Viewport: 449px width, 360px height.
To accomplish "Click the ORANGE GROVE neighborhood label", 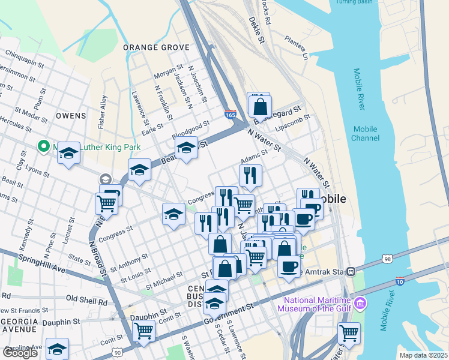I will pyautogui.click(x=156, y=47).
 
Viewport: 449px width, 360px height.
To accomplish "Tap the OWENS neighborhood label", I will pyautogui.click(x=71, y=115).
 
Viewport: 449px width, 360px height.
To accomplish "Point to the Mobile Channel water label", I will pyautogui.click(x=365, y=134).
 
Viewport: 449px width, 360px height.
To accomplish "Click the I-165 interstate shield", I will pyautogui.click(x=231, y=113).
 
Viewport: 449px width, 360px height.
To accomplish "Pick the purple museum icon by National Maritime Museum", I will pyautogui.click(x=360, y=303).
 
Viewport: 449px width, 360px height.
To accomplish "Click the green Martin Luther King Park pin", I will pyautogui.click(x=43, y=146).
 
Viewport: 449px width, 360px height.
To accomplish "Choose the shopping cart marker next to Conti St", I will pyautogui.click(x=144, y=330).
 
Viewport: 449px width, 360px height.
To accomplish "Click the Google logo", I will pyautogui.click(x=20, y=353).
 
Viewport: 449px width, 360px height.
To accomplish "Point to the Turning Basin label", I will pyautogui.click(x=354, y=2).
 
